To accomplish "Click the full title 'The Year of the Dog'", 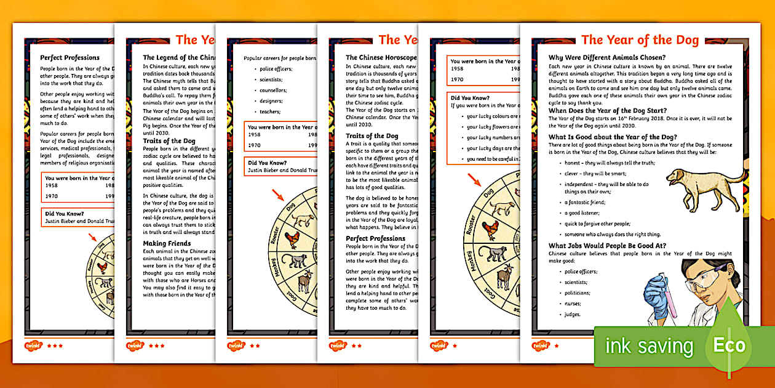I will pos(640,41).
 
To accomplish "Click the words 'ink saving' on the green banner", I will pos(649,346).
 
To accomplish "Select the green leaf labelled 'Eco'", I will pos(728,345).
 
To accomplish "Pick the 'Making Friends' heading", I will pos(167,243).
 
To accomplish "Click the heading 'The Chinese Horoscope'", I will pos(381,57).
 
